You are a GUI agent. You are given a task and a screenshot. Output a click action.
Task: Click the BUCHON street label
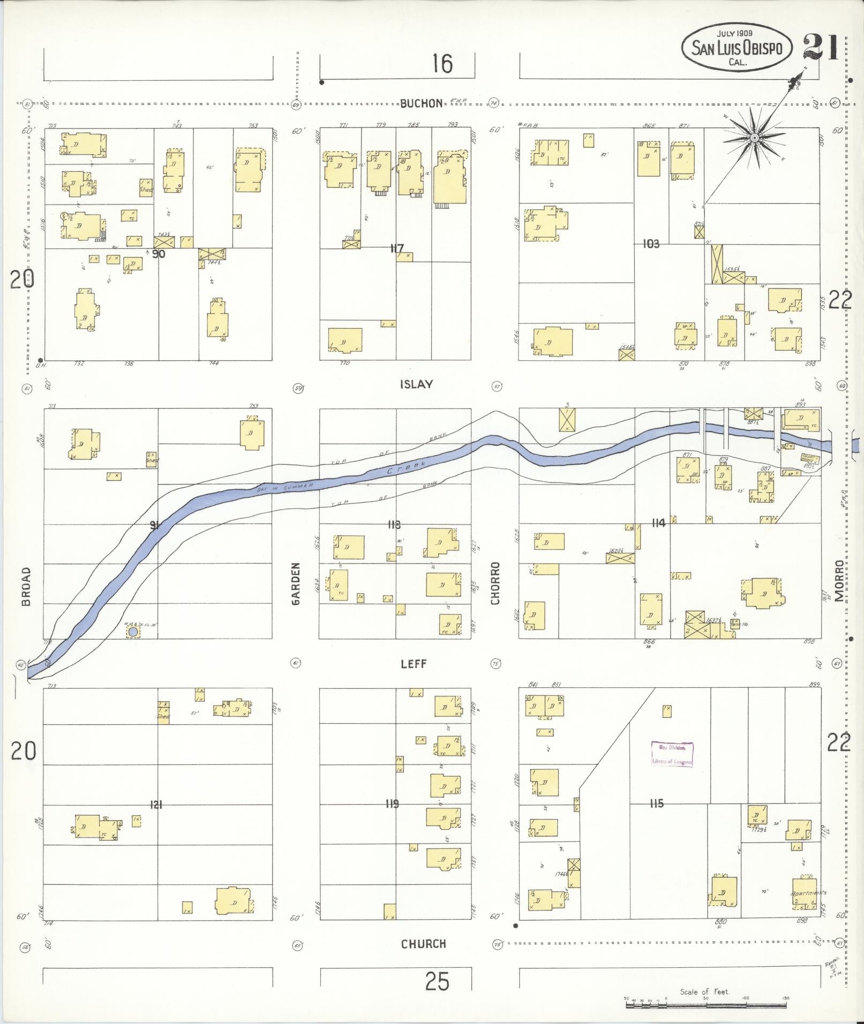pos(422,103)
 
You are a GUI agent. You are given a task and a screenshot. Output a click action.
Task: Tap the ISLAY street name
pos(416,384)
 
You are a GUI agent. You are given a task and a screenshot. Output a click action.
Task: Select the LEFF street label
pos(414,664)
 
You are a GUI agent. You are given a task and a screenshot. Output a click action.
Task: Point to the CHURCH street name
pos(423,944)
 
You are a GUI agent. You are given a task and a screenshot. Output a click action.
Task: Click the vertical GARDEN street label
pos(296,583)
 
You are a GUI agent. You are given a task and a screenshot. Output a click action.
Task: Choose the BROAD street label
pos(26,587)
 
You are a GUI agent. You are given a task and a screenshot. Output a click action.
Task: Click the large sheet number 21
pos(820,48)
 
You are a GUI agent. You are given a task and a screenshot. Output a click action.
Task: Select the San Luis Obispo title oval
pos(737,50)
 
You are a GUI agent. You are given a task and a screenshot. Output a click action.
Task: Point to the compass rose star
pos(754,138)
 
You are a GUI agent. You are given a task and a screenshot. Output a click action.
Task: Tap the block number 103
pos(651,244)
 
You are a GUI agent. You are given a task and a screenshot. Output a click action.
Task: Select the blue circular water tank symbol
pos(132,633)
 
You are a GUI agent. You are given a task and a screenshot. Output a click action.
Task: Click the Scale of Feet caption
pos(704,992)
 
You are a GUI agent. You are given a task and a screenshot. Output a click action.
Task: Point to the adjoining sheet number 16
pos(442,64)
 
